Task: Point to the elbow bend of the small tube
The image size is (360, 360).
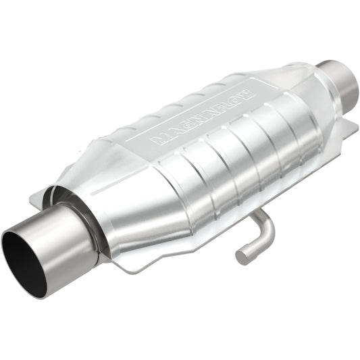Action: click(x=266, y=224)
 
